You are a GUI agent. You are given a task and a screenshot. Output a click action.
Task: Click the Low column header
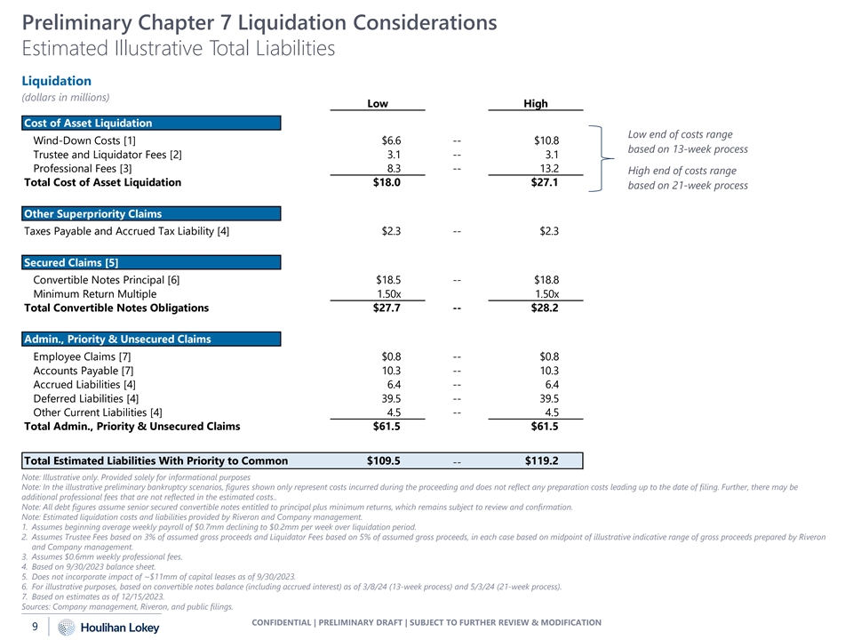(x=378, y=104)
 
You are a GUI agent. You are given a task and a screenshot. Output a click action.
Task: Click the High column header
(x=536, y=104)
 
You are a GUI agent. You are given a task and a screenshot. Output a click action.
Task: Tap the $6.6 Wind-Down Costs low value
(x=391, y=140)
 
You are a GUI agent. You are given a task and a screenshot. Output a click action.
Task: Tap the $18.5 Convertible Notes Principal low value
(x=388, y=280)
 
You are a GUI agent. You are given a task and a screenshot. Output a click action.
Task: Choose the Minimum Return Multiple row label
(x=94, y=294)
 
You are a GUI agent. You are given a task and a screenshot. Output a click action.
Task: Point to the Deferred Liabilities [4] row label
(x=85, y=398)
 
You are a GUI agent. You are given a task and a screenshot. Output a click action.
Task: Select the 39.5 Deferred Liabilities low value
(x=391, y=398)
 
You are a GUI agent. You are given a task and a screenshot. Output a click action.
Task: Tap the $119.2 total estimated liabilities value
(x=541, y=460)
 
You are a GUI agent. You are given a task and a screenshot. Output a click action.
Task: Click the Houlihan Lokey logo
(x=98, y=628)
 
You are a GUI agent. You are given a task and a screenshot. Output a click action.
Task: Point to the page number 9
(x=35, y=627)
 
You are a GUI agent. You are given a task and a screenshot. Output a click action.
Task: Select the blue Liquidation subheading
(x=56, y=81)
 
